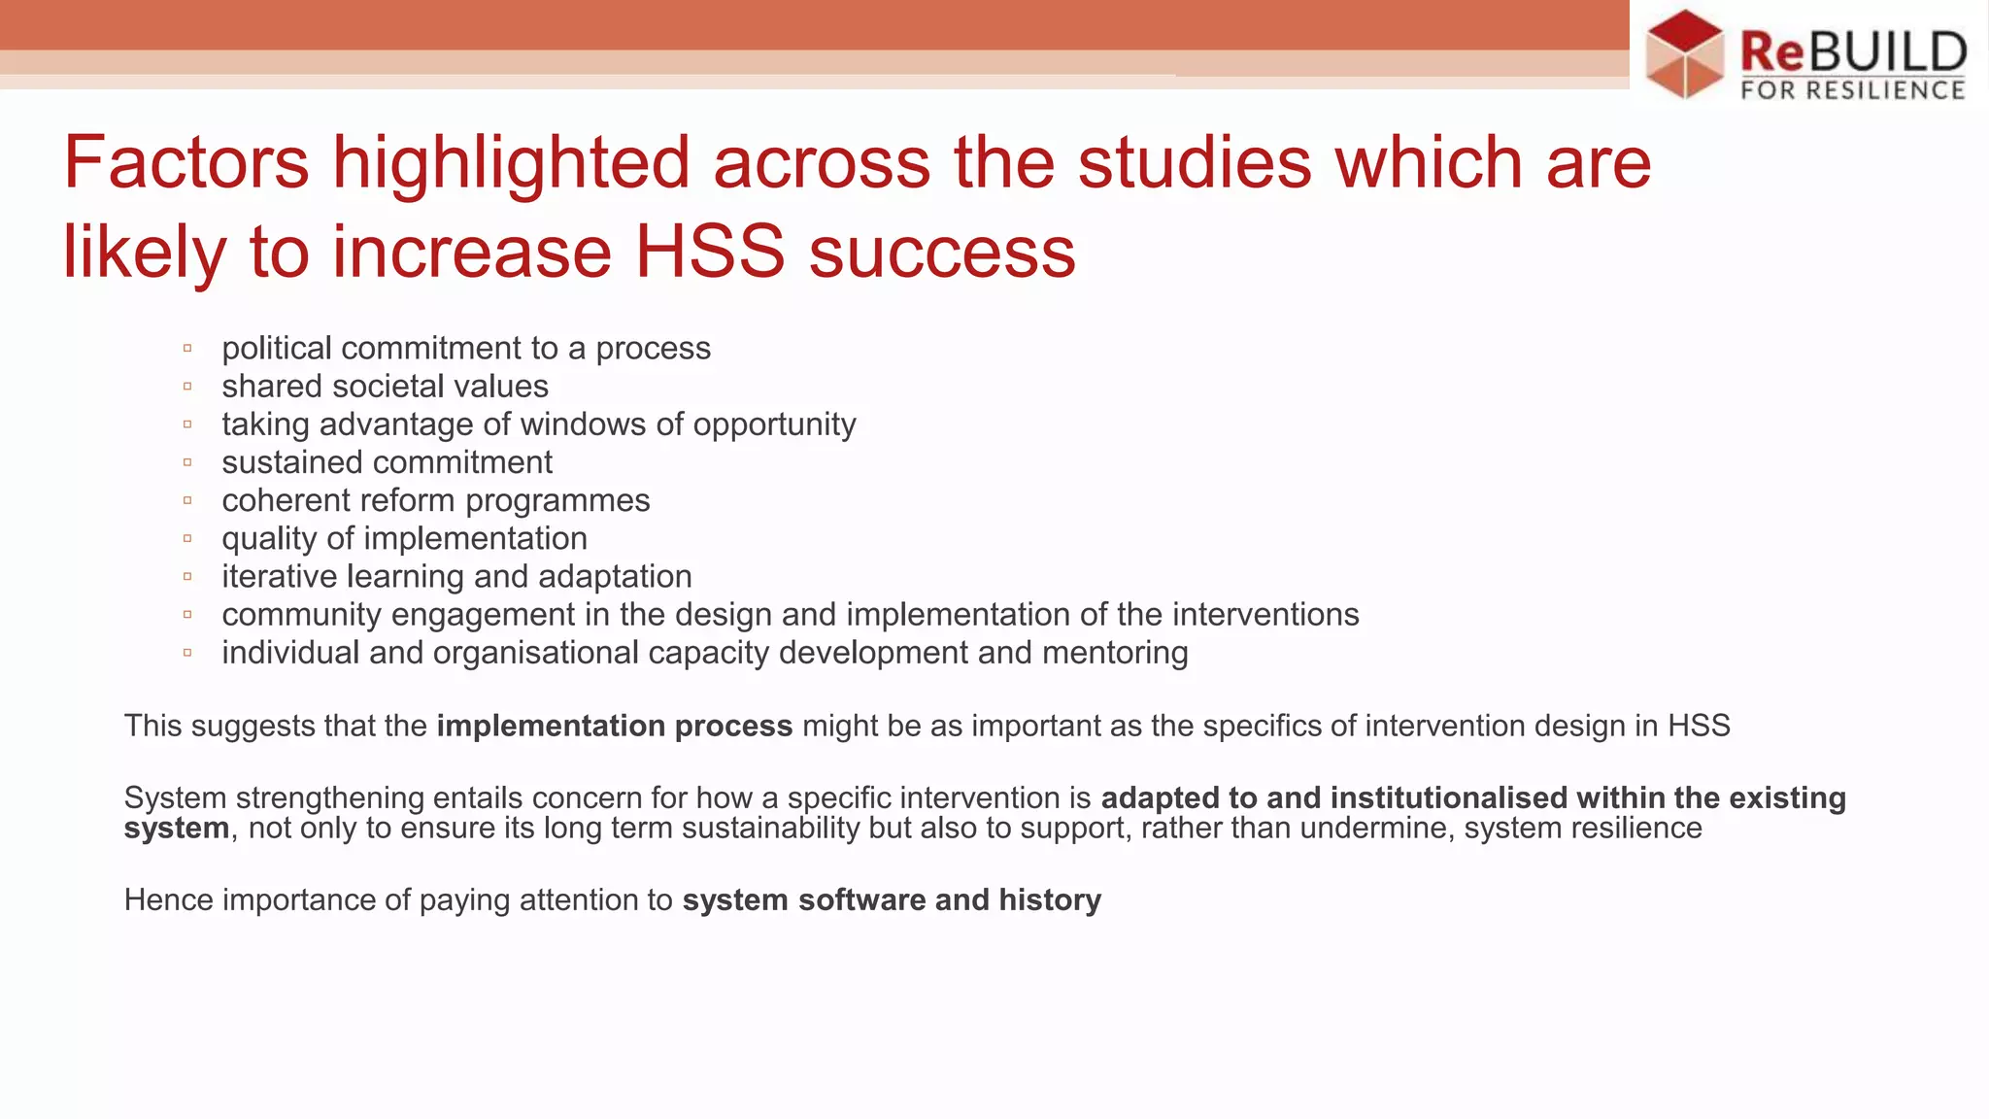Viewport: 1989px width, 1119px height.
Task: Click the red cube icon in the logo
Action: [1685, 53]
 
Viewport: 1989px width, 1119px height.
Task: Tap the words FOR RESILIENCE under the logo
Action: [1853, 90]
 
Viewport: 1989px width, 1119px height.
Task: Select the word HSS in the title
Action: [710, 252]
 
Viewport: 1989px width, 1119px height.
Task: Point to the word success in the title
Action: [942, 252]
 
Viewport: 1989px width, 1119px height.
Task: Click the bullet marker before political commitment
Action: [187, 348]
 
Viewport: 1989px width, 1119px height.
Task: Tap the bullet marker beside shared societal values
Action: [187, 387]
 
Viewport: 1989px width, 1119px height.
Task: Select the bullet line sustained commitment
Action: [387, 462]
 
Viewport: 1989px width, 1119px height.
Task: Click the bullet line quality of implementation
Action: [404, 538]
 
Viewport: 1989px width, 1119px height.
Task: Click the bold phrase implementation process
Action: [615, 726]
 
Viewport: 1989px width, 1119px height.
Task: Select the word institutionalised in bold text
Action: [1448, 797]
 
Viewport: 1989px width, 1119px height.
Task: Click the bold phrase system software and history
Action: [892, 899]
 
